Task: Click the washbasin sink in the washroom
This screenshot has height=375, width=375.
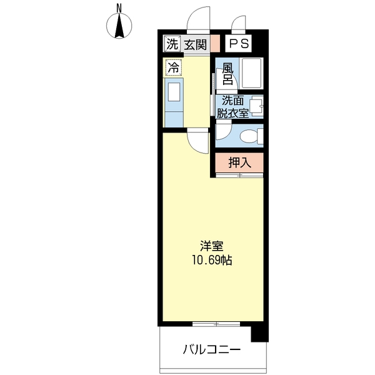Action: coord(256,107)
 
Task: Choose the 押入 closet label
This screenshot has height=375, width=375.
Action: coord(239,163)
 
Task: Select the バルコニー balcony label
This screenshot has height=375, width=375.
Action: coord(211,349)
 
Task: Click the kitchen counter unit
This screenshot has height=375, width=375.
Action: coord(174,102)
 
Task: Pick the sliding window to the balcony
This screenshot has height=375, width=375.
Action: coord(216,324)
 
